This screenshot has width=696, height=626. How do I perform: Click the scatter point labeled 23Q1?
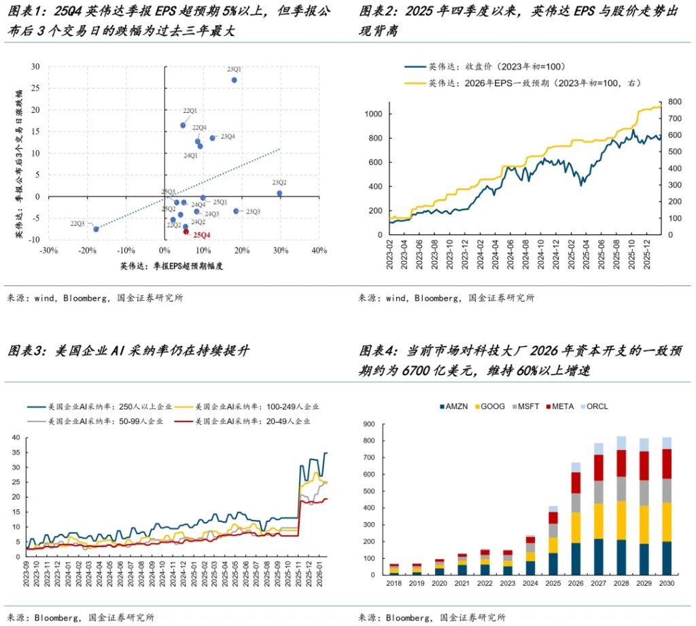click(234, 80)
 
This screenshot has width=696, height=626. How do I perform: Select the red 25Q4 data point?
click(186, 232)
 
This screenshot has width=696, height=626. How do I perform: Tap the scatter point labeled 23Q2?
click(279, 193)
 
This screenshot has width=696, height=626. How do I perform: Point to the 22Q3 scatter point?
click(96, 229)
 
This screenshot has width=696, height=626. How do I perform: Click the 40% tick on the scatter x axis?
click(318, 251)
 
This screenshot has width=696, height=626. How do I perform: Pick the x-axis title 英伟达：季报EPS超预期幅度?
click(173, 265)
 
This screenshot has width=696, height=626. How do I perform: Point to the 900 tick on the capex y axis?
click(371, 424)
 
